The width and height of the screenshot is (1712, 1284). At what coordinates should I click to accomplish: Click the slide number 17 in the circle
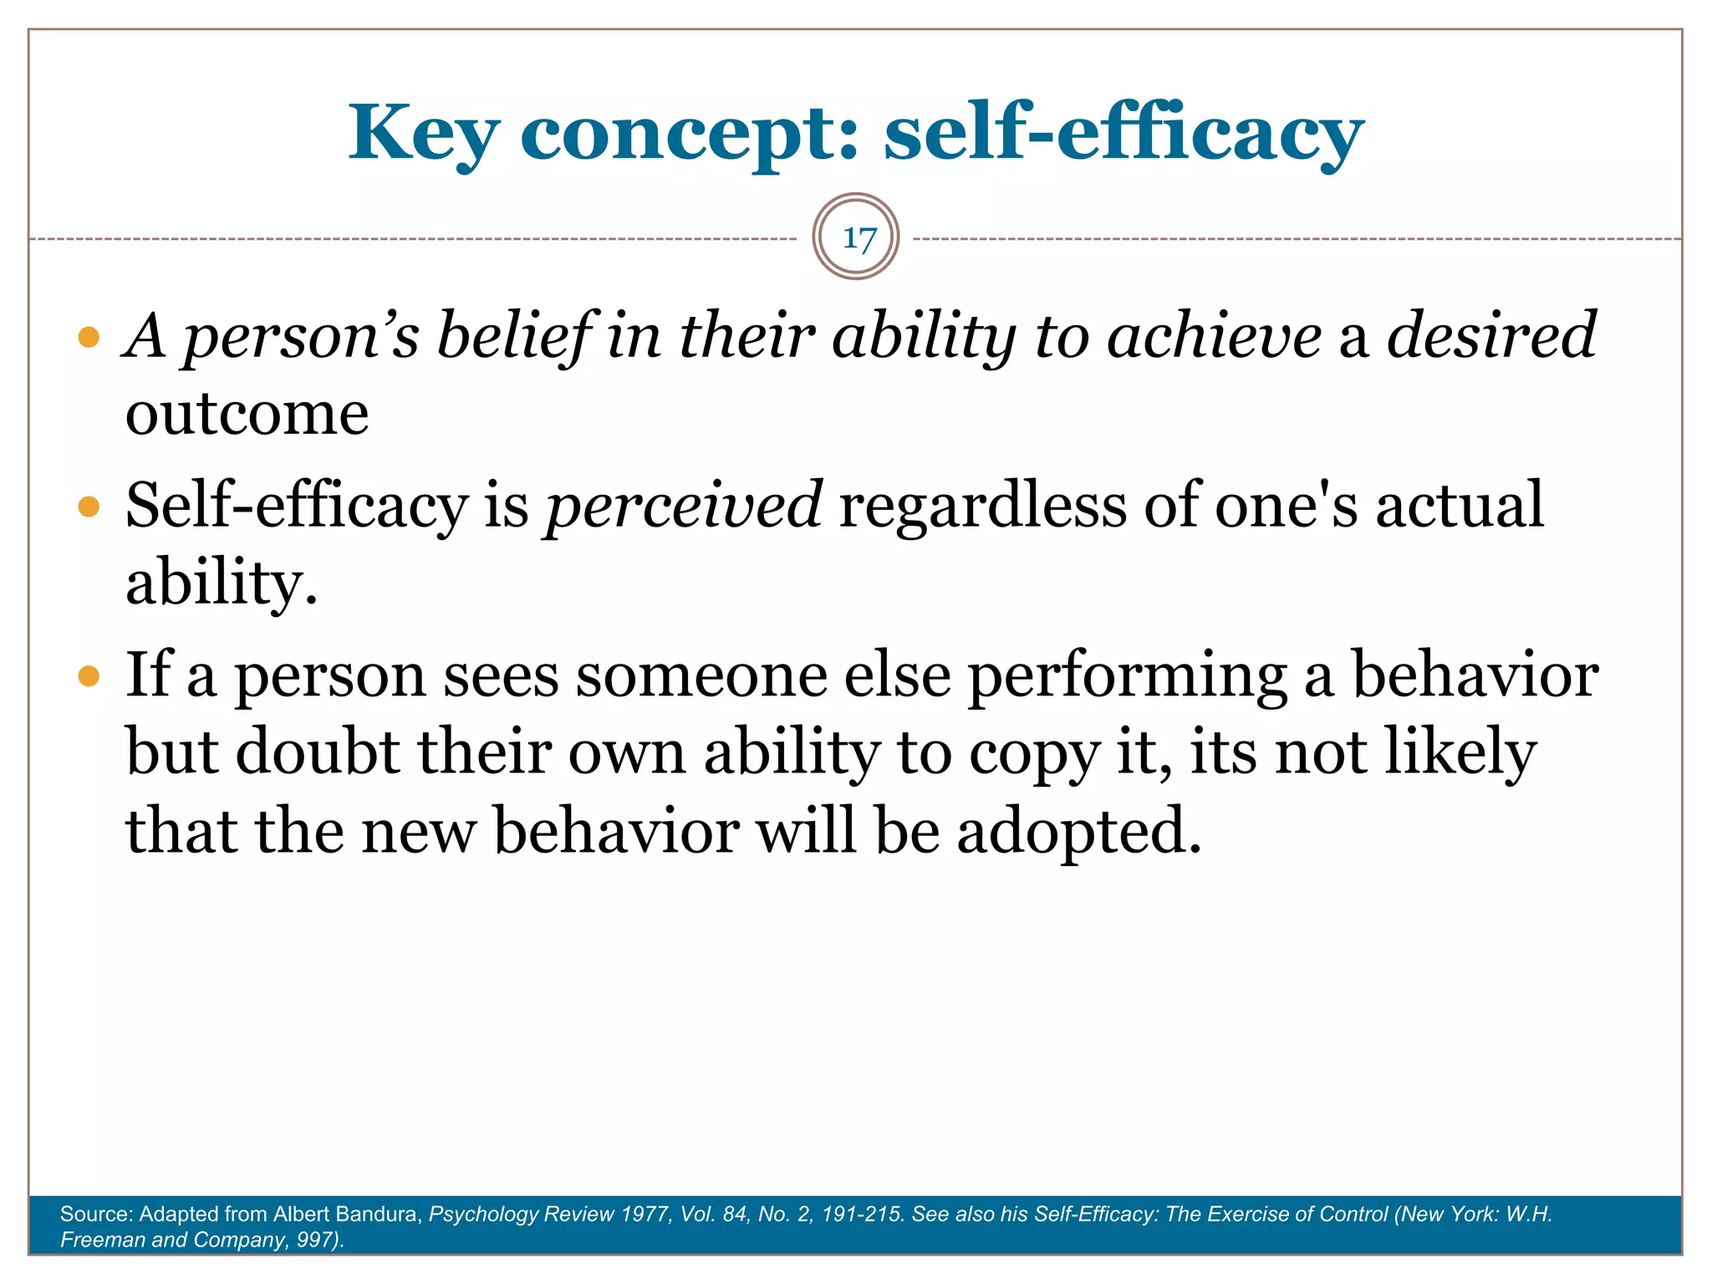coord(857,238)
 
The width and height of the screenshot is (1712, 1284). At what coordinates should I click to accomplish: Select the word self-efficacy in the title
coord(1123,134)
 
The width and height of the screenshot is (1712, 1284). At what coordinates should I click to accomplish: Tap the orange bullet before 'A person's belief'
coord(89,338)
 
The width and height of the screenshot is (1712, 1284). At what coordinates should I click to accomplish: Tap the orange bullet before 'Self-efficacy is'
coord(89,507)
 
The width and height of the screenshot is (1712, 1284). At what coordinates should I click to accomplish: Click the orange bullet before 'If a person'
coord(89,675)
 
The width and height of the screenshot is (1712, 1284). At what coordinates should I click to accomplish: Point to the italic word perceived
coord(684,505)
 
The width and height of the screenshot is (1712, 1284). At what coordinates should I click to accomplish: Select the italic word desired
coord(1491,335)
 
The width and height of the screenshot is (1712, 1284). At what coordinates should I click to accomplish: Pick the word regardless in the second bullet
coord(982,505)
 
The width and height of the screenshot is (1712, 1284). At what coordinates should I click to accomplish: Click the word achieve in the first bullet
coord(1214,335)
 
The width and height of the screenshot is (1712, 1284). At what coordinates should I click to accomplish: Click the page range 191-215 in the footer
coord(862,1214)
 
